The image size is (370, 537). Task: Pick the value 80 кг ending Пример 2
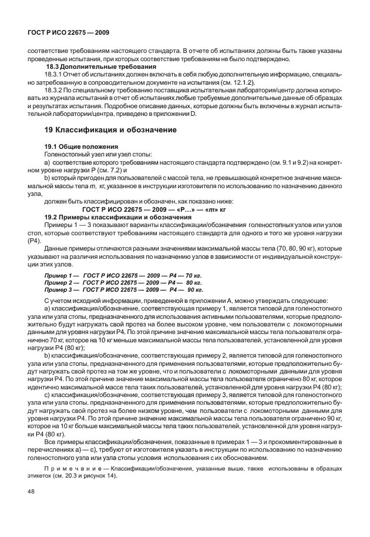coord(193,282)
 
